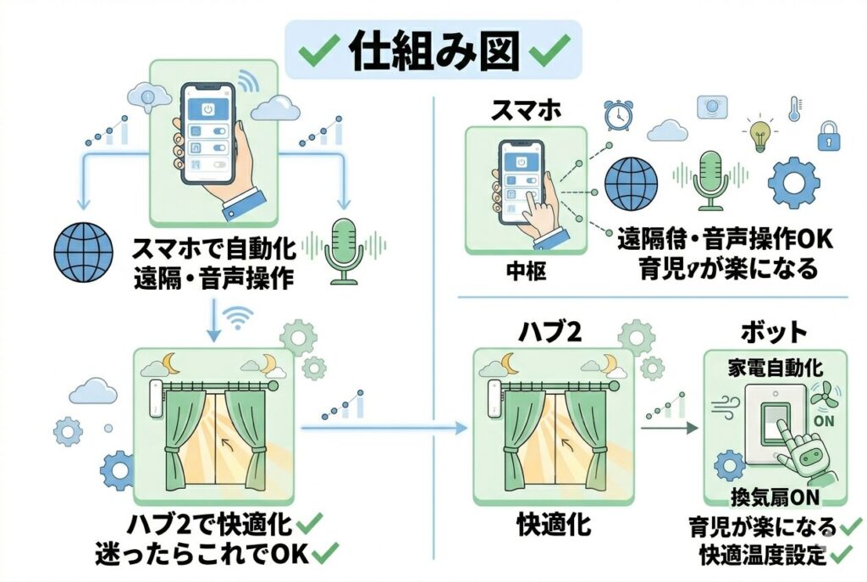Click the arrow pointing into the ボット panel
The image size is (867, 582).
[669, 429]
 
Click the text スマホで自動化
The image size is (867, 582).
[212, 249]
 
